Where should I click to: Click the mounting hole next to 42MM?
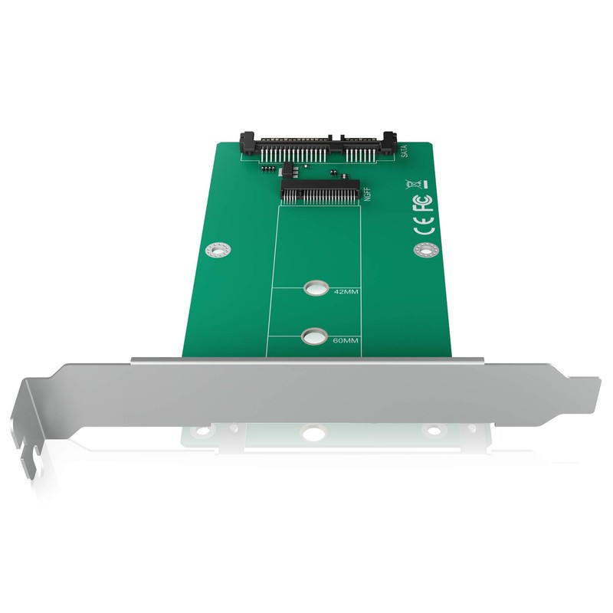click(313, 289)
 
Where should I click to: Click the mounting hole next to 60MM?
click(313, 336)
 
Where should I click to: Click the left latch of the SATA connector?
click(249, 140)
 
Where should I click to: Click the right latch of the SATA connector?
click(391, 139)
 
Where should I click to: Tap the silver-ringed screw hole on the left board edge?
click(218, 250)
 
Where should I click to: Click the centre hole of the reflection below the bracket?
click(313, 433)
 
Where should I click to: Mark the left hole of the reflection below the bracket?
click(202, 431)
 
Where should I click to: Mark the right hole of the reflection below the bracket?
click(434, 431)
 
